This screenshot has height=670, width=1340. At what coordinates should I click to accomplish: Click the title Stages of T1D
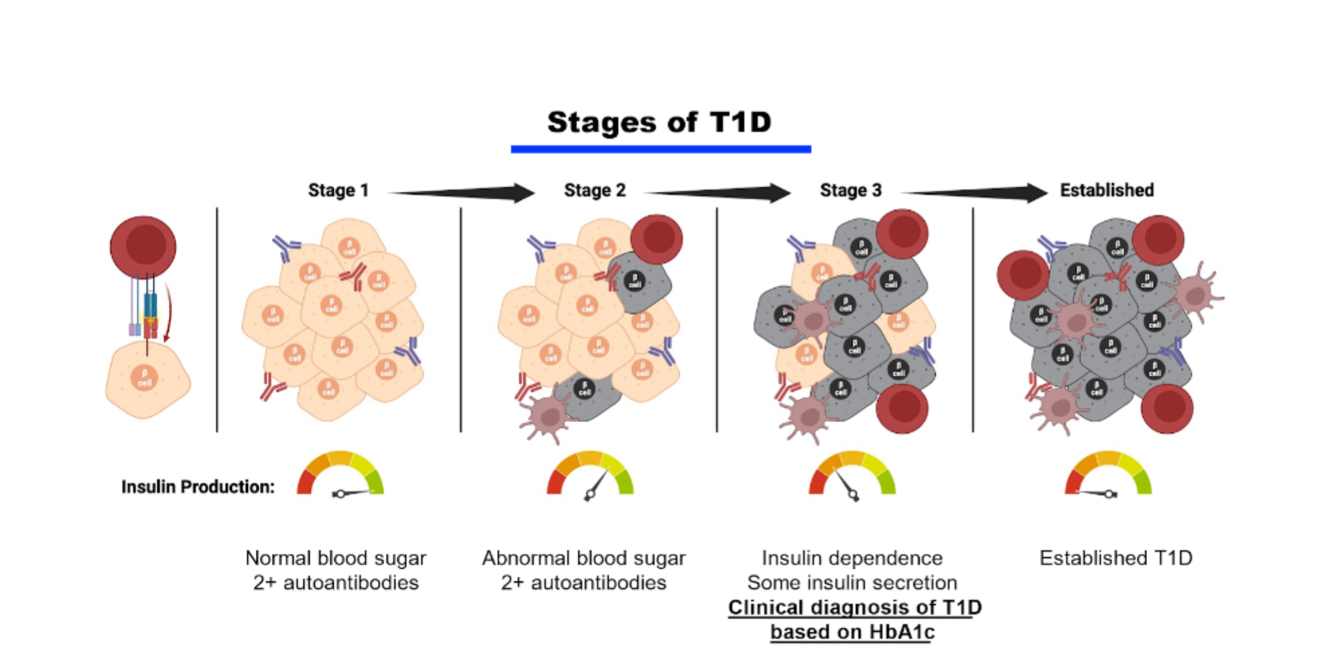coord(659,123)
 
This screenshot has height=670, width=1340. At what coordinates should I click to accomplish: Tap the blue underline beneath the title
coord(661,149)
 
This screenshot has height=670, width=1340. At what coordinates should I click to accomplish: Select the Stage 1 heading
coord(338,190)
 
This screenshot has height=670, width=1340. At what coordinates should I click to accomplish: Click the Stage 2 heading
coord(594,190)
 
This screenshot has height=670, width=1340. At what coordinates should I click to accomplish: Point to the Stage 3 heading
coord(850,190)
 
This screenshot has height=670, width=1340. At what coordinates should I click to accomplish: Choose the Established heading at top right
coord(1106,190)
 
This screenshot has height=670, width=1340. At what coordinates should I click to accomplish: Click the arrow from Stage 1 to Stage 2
coord(462,193)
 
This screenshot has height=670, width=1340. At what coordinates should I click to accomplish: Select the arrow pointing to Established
coord(975,193)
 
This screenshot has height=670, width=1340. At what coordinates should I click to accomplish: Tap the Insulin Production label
coord(198,487)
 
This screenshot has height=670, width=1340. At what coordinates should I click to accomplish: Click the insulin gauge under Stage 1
coord(340,474)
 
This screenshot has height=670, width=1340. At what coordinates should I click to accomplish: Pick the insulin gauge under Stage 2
coord(590,474)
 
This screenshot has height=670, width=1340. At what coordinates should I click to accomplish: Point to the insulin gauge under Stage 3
coord(852,474)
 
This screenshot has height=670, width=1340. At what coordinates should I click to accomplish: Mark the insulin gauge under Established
coord(1108,474)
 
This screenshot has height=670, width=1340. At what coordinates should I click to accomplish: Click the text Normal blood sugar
coord(336,558)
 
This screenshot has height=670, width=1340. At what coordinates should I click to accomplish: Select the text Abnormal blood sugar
coord(584,558)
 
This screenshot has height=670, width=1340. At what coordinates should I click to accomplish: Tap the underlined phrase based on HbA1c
coord(852,632)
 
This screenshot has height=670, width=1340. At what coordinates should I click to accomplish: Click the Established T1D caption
coord(1116,558)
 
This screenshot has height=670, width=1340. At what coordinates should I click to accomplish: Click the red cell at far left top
coord(143,246)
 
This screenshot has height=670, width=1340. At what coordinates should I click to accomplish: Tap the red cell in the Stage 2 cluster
coord(657,239)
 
